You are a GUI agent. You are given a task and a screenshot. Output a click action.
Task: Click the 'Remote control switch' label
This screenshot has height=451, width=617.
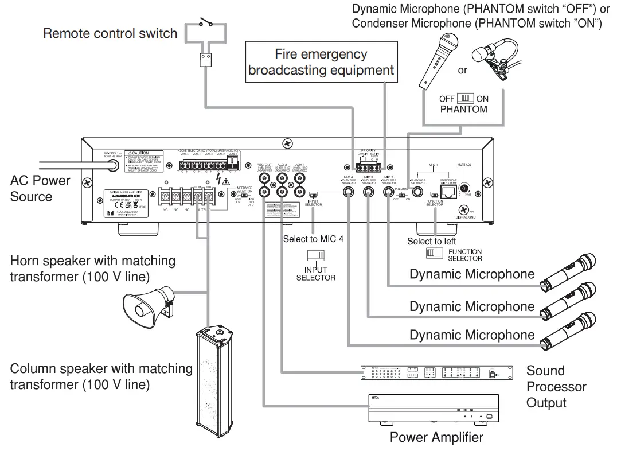pyautogui.click(x=110, y=33)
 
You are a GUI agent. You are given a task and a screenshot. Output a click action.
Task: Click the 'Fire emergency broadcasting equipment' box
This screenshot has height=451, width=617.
pyautogui.click(x=321, y=62)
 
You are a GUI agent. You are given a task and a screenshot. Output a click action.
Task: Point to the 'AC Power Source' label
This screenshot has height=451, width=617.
pyautogui.click(x=40, y=189)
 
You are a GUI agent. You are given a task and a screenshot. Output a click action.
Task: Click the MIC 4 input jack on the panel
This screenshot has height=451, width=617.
pyautogui.click(x=348, y=193)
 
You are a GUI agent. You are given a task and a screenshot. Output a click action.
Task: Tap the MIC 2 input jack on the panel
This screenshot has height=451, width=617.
pyautogui.click(x=389, y=193)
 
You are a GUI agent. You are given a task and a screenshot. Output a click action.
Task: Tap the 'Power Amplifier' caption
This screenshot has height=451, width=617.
pyautogui.click(x=436, y=438)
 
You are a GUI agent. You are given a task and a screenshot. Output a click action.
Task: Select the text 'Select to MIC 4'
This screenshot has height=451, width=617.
pyautogui.click(x=313, y=239)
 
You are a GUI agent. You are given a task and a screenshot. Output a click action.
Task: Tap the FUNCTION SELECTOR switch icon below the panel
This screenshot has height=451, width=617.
pyautogui.click(x=434, y=253)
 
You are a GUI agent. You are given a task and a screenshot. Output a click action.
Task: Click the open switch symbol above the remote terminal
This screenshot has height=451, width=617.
pyautogui.click(x=205, y=25)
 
